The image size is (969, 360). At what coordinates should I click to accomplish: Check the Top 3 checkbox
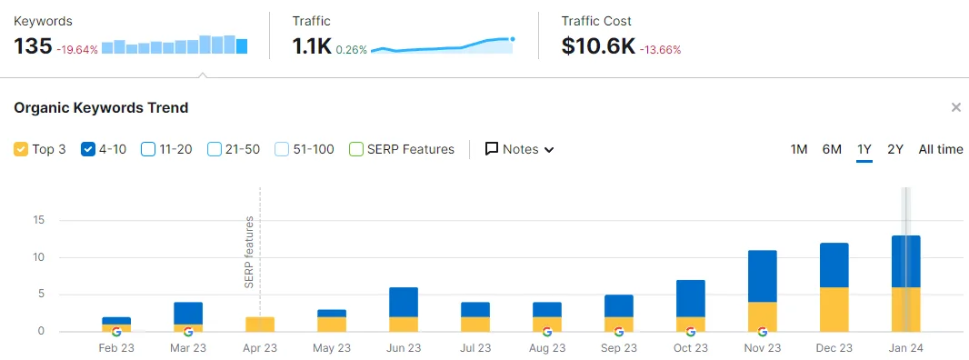[x=20, y=149]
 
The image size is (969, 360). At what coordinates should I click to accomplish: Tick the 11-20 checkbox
[x=148, y=149]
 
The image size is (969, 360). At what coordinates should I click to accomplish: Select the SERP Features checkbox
[x=356, y=149]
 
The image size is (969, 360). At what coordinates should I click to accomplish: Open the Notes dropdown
[x=519, y=149]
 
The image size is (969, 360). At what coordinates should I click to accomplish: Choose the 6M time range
[x=832, y=149]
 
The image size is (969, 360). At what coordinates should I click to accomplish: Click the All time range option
[x=941, y=149]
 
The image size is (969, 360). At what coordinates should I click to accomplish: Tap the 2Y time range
[x=895, y=149]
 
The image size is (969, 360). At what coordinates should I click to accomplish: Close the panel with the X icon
[x=956, y=107]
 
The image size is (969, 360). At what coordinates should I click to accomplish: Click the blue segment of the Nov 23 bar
[x=762, y=275]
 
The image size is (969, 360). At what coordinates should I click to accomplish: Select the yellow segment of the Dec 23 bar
[x=834, y=309]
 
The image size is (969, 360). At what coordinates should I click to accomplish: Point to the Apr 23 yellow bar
[x=260, y=325]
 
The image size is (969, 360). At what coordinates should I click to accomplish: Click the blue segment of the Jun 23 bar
[x=404, y=303]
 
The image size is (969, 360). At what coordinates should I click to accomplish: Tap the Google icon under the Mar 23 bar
[x=188, y=332]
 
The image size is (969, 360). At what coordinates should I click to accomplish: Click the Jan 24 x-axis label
[x=905, y=348]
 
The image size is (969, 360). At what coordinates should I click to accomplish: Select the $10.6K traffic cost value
[x=598, y=46]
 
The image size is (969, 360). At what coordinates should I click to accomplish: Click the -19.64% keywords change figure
[x=77, y=49]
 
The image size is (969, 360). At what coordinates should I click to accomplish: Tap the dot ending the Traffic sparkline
[x=513, y=39]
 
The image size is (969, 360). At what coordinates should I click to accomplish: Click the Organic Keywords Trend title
[x=101, y=107]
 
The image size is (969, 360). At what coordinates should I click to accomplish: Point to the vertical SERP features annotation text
[x=249, y=253]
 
